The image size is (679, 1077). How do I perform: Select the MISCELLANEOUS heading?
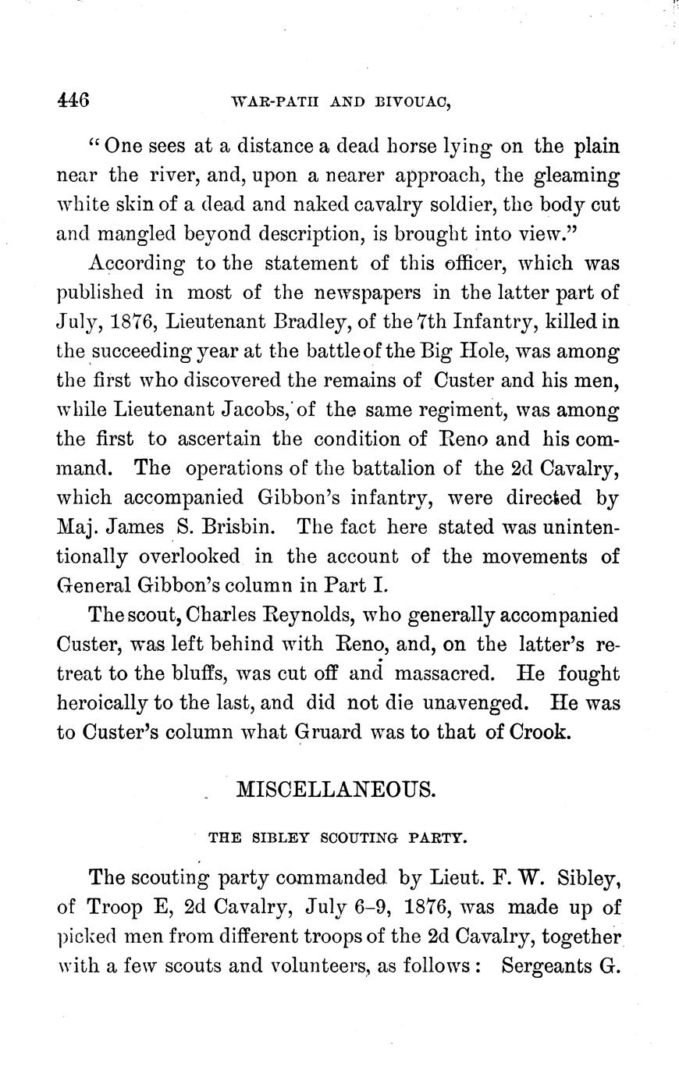point(335,789)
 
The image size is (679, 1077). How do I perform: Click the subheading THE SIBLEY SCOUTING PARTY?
point(337,840)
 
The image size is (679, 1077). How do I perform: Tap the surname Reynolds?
point(300,614)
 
